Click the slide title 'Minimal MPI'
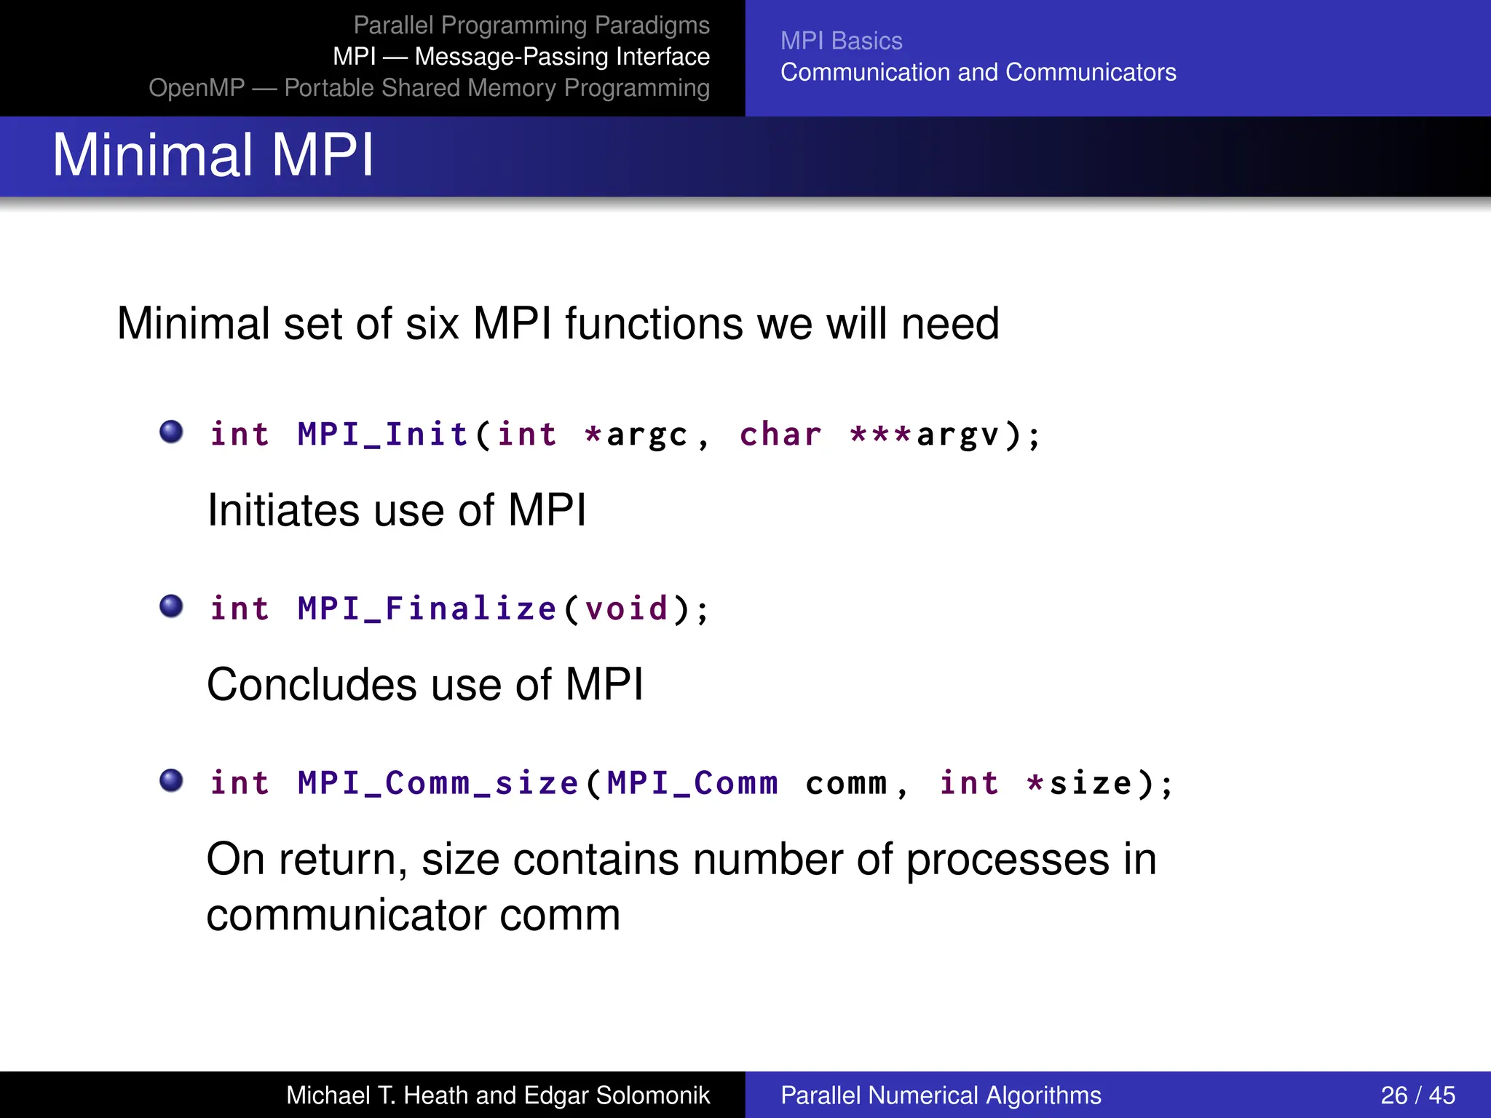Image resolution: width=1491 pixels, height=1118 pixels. coord(213,155)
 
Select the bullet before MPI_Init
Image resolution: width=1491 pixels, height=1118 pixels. coord(171,432)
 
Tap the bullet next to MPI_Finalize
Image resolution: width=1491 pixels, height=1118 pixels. coord(171,606)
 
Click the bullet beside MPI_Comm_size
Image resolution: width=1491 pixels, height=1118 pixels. coord(171,780)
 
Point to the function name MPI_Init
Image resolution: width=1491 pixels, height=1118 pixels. coord(382,435)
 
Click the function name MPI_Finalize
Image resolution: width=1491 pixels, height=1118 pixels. coord(427,608)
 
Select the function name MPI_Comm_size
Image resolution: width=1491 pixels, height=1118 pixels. coord(438,783)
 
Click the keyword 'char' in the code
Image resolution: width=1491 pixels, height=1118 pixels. coord(780,435)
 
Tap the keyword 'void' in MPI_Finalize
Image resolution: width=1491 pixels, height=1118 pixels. coord(626,608)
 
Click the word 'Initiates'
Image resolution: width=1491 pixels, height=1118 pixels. coord(283,510)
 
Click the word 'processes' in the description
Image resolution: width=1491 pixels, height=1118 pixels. coord(1007,860)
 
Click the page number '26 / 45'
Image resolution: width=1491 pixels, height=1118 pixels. coord(1417,1095)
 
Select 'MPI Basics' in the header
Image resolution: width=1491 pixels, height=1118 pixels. coord(841,41)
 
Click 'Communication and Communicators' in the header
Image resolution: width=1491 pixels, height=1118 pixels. coord(978,72)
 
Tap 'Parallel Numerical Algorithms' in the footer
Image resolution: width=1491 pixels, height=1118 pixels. coord(941,1095)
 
